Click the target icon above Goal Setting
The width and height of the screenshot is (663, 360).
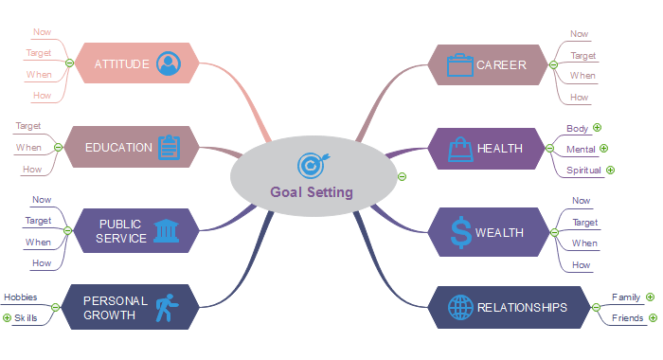coord(311,166)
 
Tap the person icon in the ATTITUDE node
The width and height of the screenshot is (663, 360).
coord(169,63)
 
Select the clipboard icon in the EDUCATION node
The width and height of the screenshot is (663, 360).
coord(169,147)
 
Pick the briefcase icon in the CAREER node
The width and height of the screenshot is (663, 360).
coord(459,64)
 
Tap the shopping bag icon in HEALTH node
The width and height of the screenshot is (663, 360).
coord(459,148)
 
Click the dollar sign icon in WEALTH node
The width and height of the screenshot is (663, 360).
coord(460,232)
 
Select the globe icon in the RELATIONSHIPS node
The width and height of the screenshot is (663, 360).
coord(459,307)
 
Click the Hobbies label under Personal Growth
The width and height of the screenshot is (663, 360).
coord(21,297)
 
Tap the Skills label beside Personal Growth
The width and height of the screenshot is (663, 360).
coord(26,318)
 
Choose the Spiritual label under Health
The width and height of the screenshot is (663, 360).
coord(583,171)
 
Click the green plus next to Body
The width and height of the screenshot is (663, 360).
coord(598,128)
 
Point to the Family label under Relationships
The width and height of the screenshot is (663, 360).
coord(626,297)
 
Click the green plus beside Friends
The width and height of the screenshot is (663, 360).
coord(653,318)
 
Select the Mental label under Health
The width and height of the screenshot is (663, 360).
coord(581,150)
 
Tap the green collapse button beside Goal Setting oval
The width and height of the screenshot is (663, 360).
coord(402,176)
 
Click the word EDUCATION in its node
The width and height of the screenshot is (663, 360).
coord(118,148)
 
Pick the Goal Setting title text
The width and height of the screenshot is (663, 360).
coord(311,191)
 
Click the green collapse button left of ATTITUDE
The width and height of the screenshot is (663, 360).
coord(69,64)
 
